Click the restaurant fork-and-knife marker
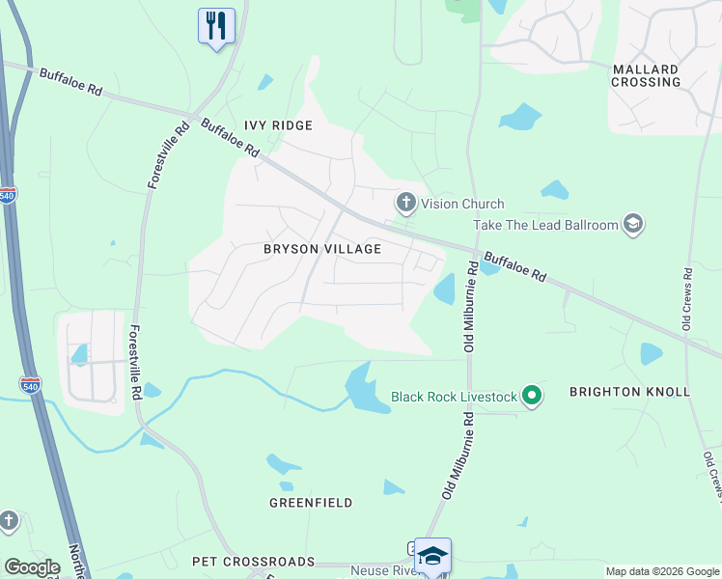216,25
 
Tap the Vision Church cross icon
405,203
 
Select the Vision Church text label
461,204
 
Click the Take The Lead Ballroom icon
633,225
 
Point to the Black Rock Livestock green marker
531,396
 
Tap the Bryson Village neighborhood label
322,249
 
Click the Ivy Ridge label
278,125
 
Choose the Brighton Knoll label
629,392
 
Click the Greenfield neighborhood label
311,503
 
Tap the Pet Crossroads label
253,561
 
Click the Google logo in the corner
32,567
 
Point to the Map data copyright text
662,571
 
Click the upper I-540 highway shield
7,193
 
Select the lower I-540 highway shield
29,384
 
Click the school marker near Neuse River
433,556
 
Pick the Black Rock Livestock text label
454,397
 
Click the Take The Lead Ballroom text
545,225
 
